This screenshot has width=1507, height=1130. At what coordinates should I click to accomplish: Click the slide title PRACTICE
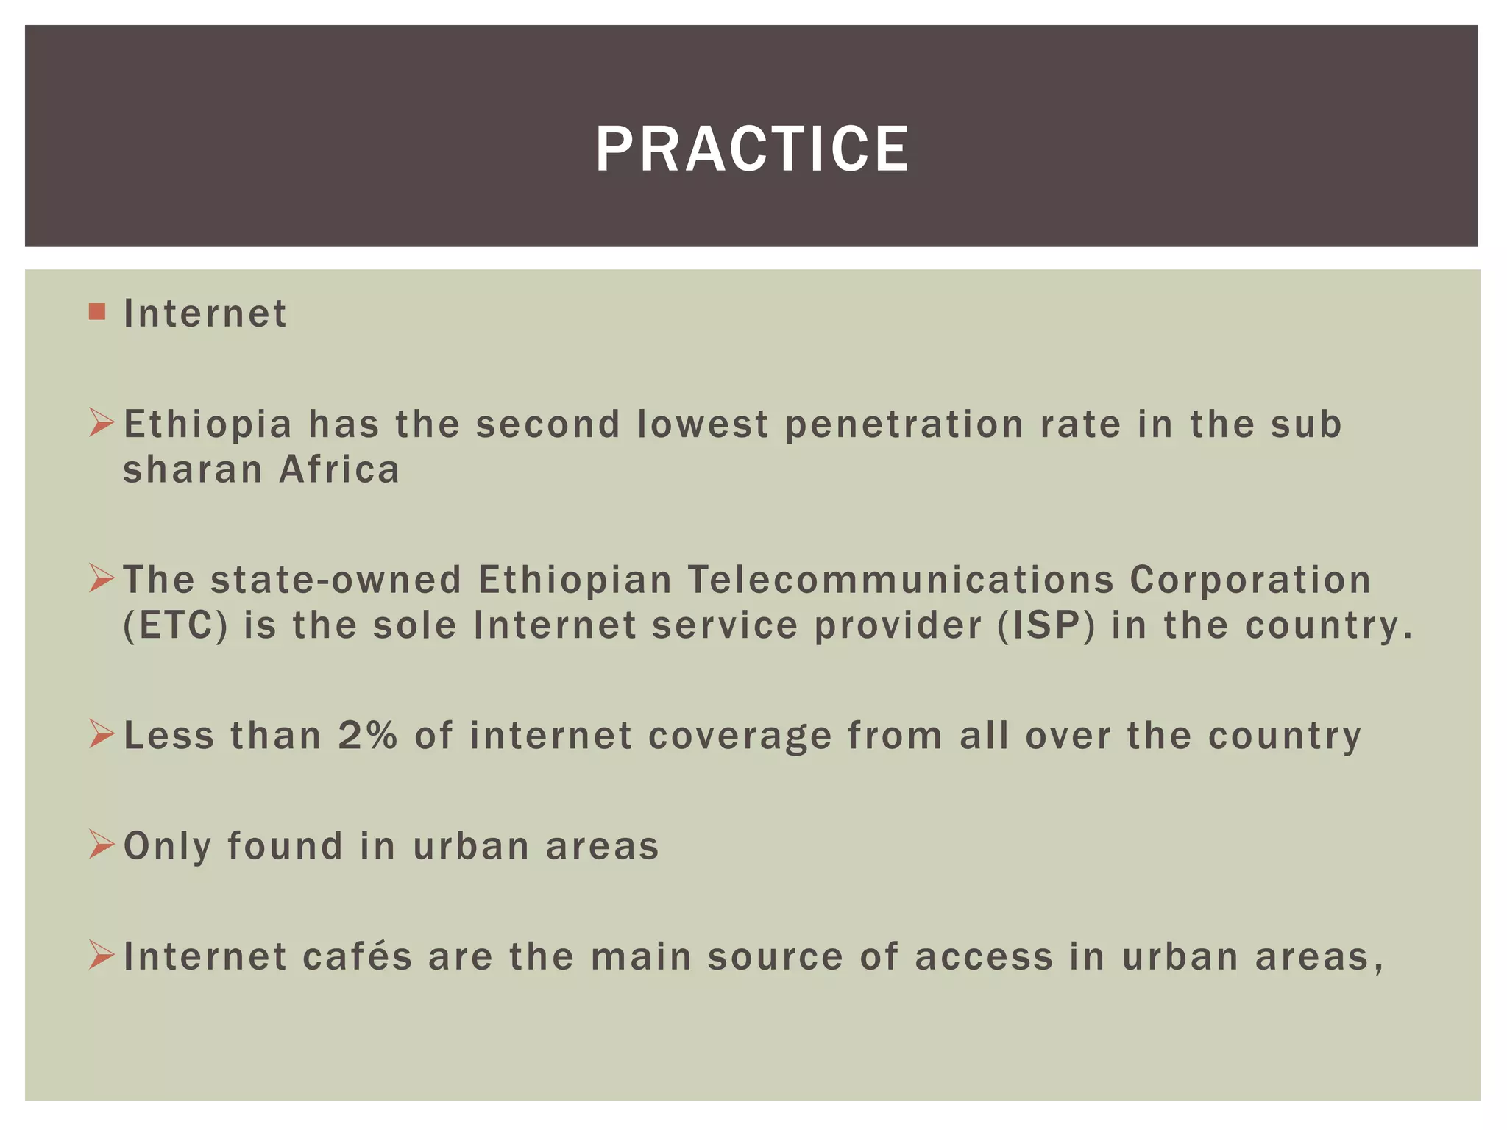752,149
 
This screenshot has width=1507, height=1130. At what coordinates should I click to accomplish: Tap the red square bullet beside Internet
96,312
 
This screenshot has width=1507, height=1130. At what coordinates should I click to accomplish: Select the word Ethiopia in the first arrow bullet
208,424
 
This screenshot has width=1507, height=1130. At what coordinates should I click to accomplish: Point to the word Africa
339,470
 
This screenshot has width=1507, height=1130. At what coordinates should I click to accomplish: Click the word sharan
193,470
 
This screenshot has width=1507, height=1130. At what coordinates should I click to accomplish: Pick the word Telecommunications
901,580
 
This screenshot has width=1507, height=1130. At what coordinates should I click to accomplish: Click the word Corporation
1250,580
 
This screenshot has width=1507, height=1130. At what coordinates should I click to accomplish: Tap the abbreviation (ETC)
175,625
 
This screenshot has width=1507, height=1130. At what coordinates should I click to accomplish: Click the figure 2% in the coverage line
367,735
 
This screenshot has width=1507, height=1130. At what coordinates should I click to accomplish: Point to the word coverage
740,736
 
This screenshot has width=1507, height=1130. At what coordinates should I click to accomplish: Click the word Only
167,847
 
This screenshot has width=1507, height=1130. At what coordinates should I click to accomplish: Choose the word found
285,845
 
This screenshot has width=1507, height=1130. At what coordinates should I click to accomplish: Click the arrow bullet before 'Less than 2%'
101,734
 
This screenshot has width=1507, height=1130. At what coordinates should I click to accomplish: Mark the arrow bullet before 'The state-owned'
101,579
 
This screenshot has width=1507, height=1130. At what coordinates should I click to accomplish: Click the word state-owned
336,580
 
